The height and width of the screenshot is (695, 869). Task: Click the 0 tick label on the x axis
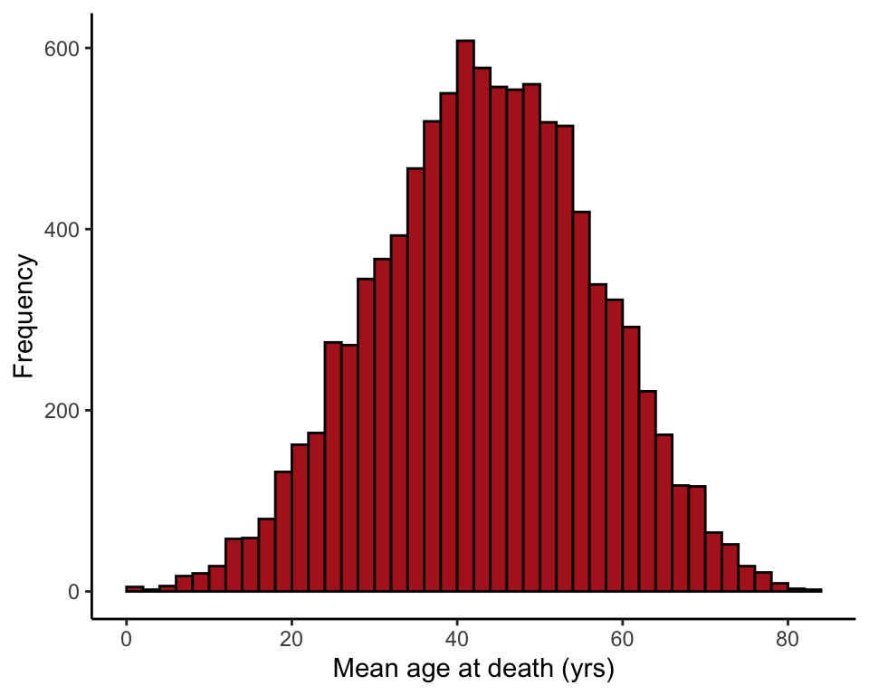(x=126, y=639)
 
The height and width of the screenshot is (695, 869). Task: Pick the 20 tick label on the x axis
(x=291, y=639)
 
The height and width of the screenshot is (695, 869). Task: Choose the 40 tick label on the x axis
(x=456, y=639)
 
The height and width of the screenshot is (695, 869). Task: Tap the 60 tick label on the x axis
(x=622, y=639)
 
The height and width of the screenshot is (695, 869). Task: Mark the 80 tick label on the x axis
(x=788, y=639)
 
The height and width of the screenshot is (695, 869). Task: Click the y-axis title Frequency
(x=24, y=317)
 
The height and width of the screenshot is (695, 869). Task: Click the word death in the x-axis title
(x=511, y=670)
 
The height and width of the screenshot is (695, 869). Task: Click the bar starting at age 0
(x=134, y=589)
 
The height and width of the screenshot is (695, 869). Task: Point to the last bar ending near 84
(x=813, y=590)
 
